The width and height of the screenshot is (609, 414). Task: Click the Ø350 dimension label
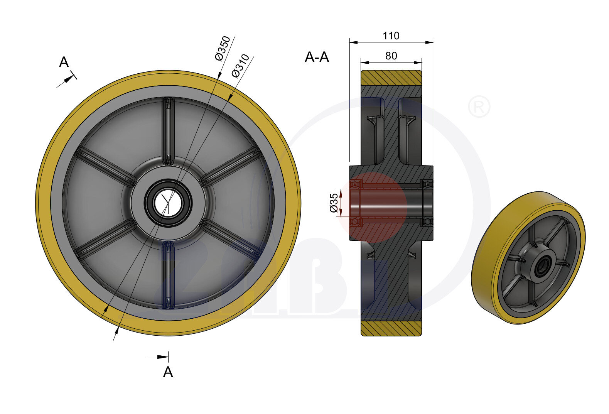pos(223,48)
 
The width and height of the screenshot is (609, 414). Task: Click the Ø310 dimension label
pos(241,66)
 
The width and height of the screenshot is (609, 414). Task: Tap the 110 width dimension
pos(391,36)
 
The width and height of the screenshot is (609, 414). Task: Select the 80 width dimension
pos(391,56)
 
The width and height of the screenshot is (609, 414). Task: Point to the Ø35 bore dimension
pos(334,203)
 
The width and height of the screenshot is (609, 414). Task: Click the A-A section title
pos(317,57)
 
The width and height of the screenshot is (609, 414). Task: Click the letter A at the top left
pos(64,62)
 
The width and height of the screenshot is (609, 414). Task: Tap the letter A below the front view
pos(168,372)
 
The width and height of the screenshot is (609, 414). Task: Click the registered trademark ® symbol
pos(479,107)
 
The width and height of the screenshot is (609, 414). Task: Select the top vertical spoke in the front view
pos(168,131)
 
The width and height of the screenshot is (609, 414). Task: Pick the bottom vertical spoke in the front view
pos(168,275)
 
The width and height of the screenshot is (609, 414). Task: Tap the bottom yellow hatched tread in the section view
pos(391,328)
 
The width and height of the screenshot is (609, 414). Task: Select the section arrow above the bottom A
pos(160,357)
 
